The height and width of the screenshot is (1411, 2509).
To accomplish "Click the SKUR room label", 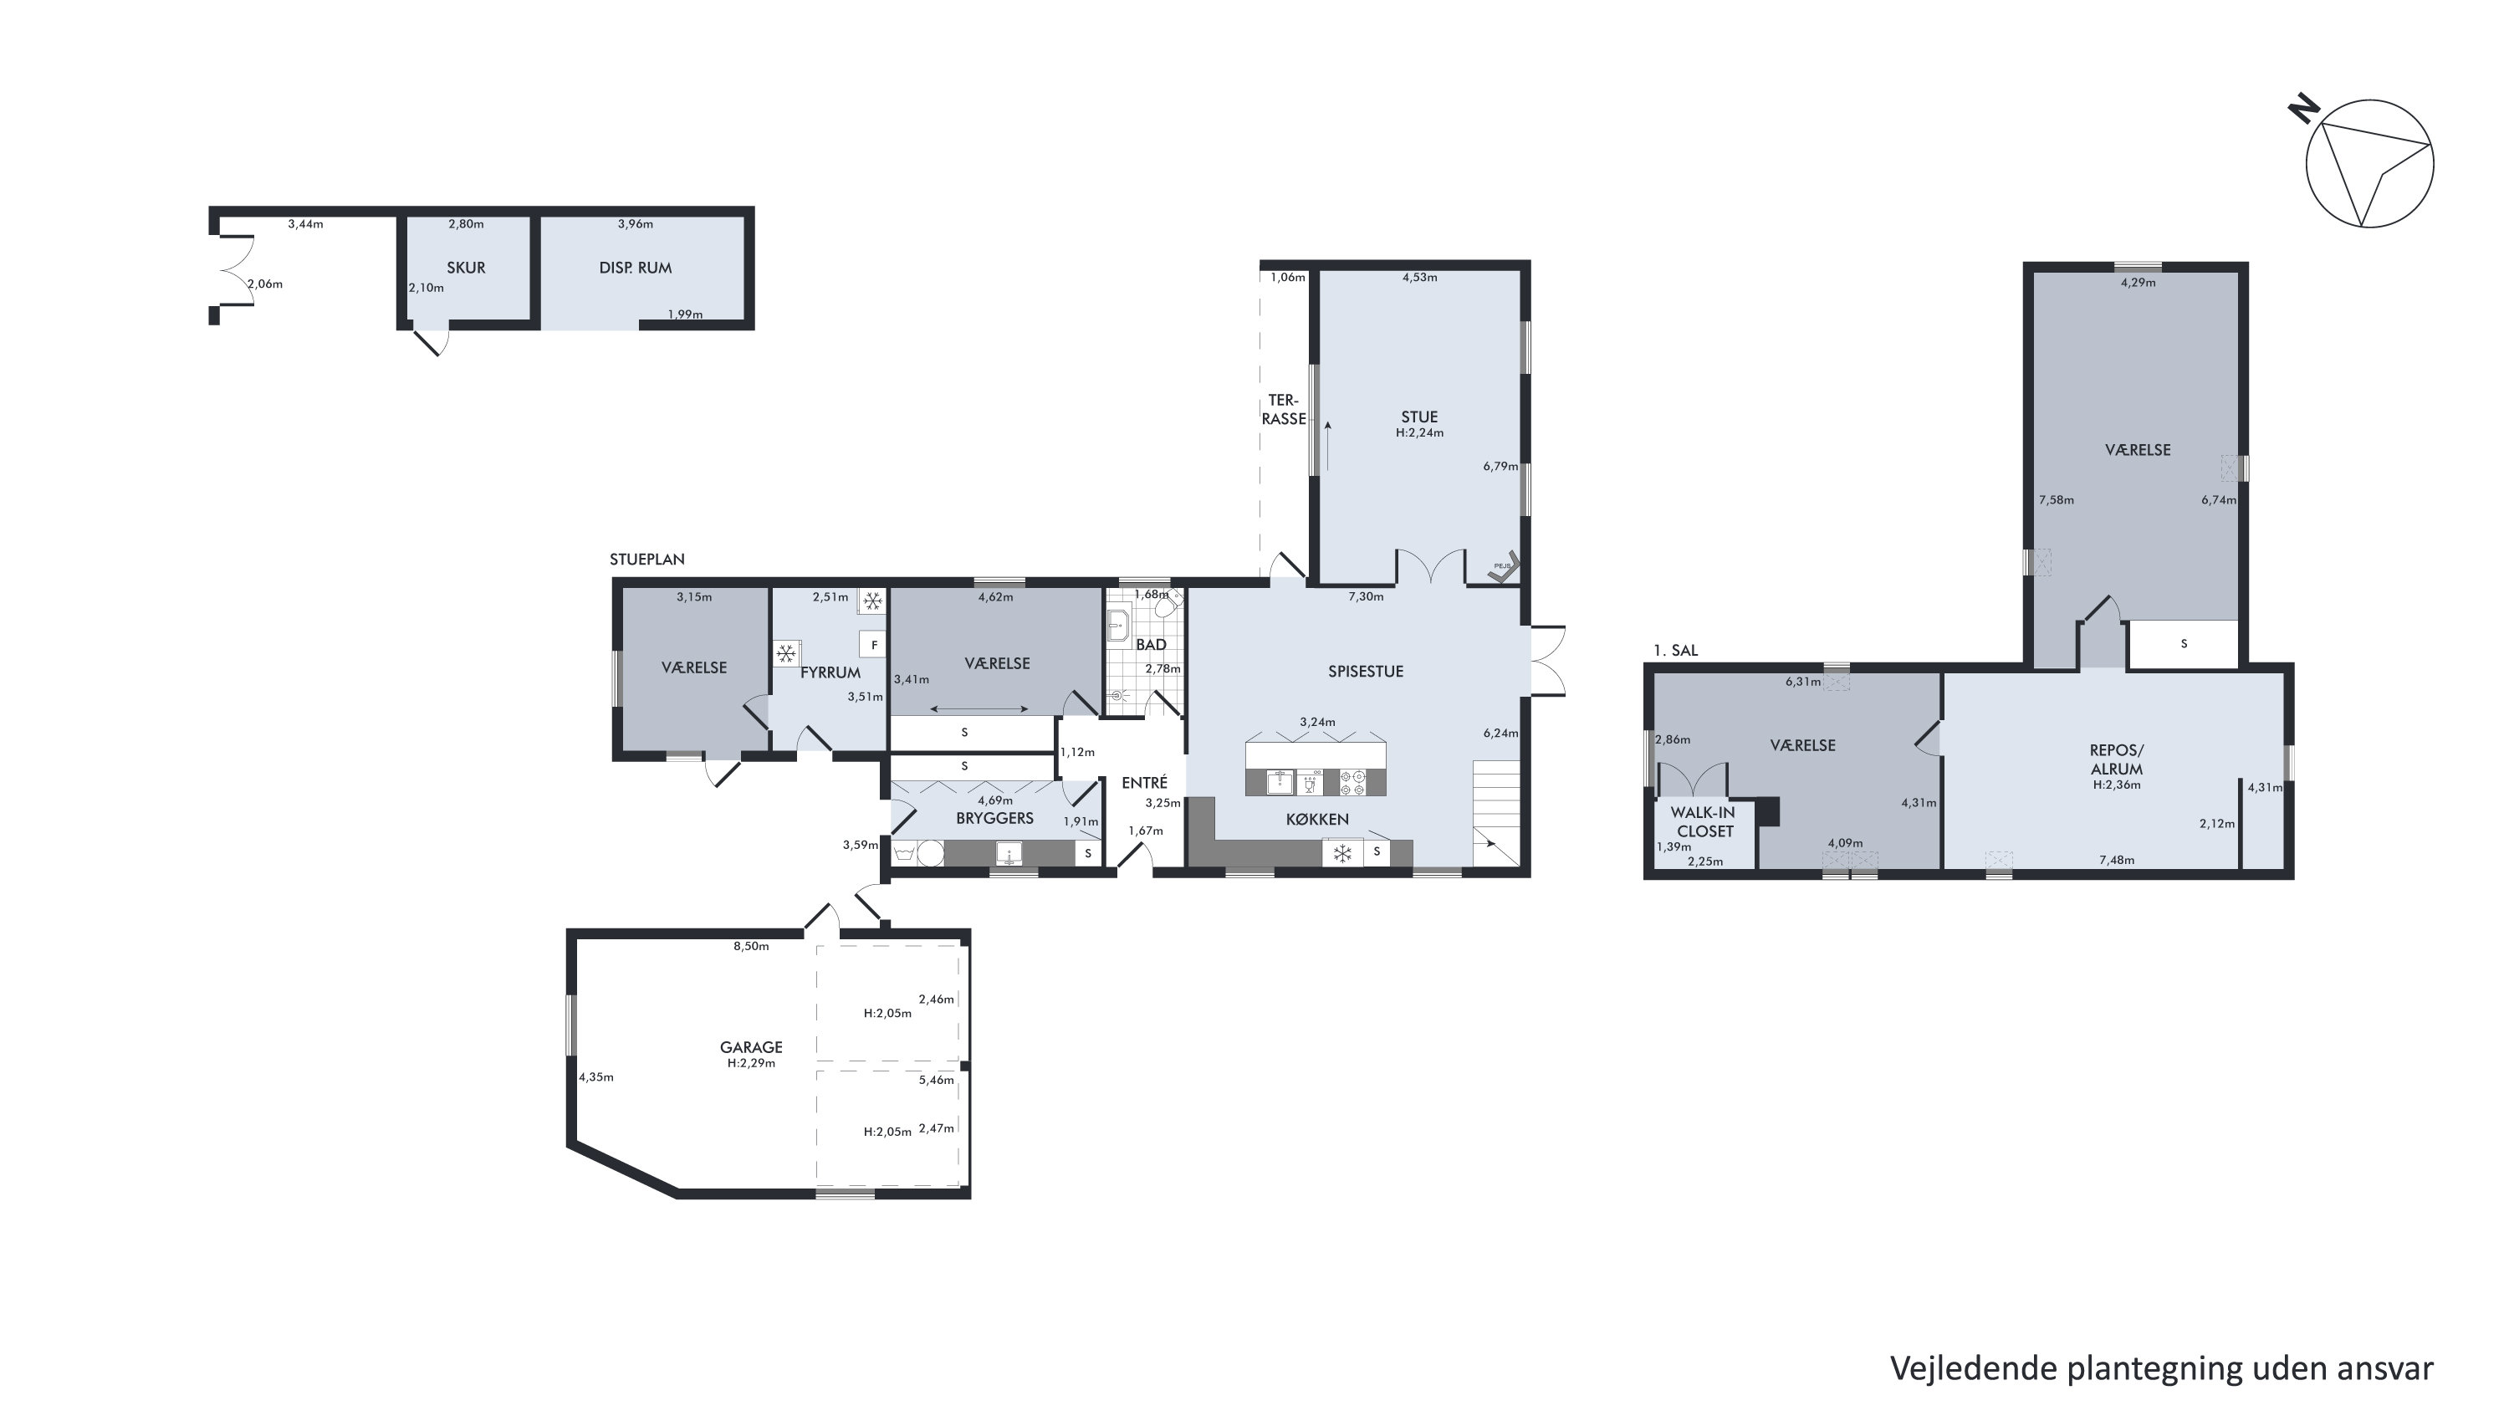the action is click(466, 268).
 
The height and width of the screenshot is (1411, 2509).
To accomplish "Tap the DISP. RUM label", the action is click(635, 268).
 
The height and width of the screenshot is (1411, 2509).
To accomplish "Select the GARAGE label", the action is click(751, 1047).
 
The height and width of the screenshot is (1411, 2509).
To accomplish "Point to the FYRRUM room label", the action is click(830, 672).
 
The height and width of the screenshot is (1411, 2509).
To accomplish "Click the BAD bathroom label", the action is click(1152, 645).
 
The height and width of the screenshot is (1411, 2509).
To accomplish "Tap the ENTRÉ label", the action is click(1144, 782).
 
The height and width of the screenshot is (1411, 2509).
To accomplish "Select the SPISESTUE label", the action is click(1366, 671).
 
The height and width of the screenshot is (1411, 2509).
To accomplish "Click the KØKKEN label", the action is click(1317, 820).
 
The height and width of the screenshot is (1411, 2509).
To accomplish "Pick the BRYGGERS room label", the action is click(994, 818).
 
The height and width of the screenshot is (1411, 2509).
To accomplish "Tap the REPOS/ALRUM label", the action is click(2117, 759).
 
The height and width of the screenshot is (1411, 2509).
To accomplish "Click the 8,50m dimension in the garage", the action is click(751, 945).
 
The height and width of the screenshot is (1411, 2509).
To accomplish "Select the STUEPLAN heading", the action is click(646, 559).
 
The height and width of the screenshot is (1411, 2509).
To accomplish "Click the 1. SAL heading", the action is click(1675, 651).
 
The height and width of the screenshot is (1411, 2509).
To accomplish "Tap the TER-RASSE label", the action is click(1284, 409).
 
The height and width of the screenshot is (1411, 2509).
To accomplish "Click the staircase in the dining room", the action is click(1496, 812).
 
